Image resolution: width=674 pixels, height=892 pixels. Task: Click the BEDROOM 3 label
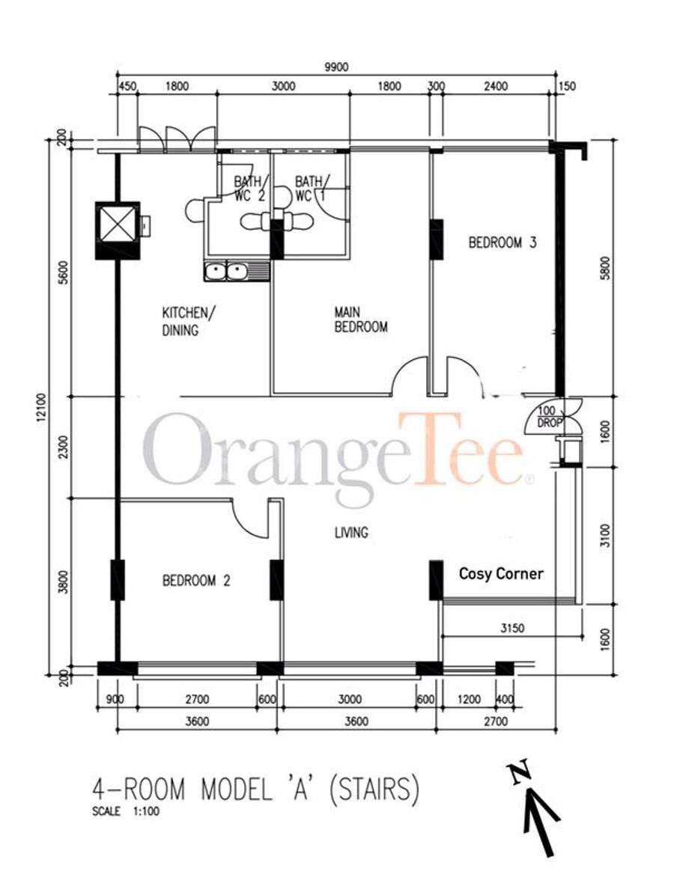tap(502, 243)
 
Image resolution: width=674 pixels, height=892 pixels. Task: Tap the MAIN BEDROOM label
tap(361, 320)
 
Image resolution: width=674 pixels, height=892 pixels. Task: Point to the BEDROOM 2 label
tap(196, 581)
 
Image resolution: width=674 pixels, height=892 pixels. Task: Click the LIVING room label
tap(351, 533)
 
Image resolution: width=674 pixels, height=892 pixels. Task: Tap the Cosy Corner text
tap(501, 573)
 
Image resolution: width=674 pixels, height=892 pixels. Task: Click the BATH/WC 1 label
tap(310, 189)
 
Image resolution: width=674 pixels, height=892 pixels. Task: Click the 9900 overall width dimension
tap(336, 67)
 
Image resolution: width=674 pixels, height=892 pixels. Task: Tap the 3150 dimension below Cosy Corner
tap(512, 629)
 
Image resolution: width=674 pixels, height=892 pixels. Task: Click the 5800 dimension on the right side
tap(606, 268)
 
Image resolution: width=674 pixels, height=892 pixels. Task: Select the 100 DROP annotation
tap(550, 417)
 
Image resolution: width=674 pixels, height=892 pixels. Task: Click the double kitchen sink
tap(227, 272)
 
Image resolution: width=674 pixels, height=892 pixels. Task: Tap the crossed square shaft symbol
tap(118, 224)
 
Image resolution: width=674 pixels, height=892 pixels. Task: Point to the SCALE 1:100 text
tap(126, 812)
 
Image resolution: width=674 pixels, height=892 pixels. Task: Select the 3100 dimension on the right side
tap(606, 536)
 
